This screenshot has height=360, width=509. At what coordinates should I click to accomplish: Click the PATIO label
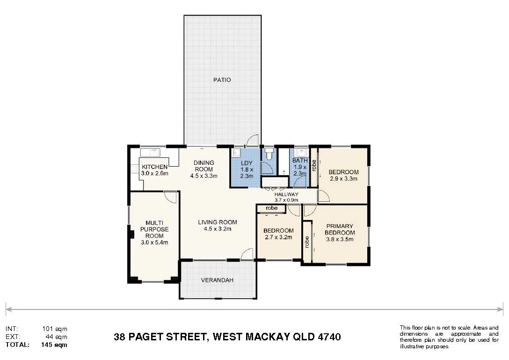tap(222, 80)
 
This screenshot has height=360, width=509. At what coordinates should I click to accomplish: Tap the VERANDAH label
tap(217, 280)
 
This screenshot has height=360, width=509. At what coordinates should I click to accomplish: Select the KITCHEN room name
tap(154, 167)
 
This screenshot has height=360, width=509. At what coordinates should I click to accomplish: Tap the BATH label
tap(300, 161)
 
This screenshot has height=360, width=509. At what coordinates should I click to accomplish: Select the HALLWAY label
tap(286, 194)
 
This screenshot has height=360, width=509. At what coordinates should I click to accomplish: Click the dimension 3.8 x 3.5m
tap(339, 239)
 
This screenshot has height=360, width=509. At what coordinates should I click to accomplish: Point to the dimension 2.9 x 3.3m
tap(343, 178)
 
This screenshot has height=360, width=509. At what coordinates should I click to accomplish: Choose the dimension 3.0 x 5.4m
tap(154, 242)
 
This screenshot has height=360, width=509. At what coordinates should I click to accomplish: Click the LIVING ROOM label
tap(217, 222)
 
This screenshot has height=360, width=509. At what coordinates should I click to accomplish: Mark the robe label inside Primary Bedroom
tap(307, 242)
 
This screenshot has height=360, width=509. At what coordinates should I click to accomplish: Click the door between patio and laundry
tap(253, 140)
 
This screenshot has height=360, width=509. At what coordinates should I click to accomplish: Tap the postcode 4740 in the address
tap(328, 337)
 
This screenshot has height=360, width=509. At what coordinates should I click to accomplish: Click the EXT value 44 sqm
tap(57, 337)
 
